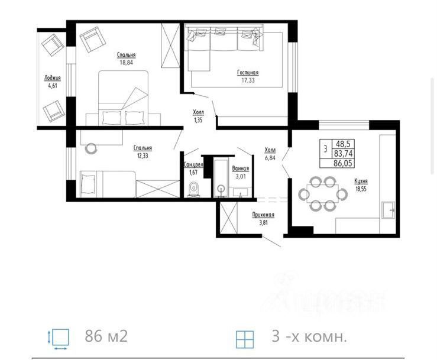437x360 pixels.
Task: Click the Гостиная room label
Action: (x=248, y=73)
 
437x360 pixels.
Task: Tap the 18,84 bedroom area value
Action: (x=126, y=63)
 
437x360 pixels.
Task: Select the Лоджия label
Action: (x=53, y=78)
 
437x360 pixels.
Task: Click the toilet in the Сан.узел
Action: (x=194, y=189)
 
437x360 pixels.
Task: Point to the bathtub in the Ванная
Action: (x=221, y=178)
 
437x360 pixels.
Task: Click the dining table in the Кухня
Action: (x=323, y=193)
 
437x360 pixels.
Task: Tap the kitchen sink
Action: (x=389, y=209)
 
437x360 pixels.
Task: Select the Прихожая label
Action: (x=263, y=215)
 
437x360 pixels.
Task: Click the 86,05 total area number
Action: (x=343, y=163)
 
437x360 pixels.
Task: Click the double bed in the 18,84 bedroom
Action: (x=123, y=98)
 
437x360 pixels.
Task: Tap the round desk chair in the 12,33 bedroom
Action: (x=91, y=148)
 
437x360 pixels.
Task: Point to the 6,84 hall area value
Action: (x=270, y=158)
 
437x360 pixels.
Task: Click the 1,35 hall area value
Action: (x=198, y=121)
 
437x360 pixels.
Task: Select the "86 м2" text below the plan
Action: (x=106, y=336)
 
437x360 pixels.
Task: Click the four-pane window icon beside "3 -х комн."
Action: (x=245, y=339)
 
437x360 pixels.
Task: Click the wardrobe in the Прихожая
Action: (x=228, y=218)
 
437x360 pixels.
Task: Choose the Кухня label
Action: (x=361, y=181)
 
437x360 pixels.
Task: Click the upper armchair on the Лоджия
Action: (x=53, y=45)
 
